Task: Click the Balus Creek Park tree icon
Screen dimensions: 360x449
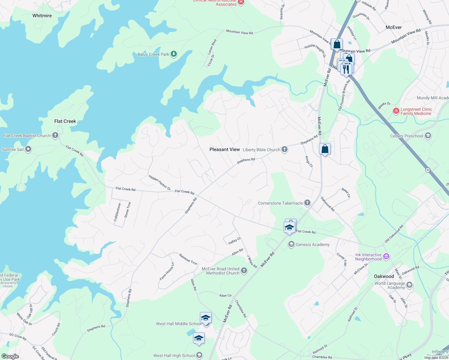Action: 174,54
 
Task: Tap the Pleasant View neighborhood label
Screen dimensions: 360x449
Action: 224,149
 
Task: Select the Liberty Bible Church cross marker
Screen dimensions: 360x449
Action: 285,149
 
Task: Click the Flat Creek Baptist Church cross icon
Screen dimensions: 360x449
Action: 55,135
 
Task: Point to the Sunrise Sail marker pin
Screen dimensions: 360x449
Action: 28,149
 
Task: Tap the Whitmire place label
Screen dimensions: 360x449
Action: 42,16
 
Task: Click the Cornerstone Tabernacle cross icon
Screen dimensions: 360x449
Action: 307,203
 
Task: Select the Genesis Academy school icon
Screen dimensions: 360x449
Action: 291,244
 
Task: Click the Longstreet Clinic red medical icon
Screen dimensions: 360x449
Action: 396,111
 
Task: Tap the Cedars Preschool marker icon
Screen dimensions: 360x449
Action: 428,136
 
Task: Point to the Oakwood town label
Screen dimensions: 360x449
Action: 384,276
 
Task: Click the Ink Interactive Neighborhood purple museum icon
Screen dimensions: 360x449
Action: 387,256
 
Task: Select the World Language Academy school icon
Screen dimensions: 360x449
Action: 409,285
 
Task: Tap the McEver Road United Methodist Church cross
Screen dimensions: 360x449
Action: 244,271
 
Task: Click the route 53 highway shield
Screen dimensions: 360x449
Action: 428,170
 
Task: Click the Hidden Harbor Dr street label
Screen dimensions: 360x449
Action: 160,182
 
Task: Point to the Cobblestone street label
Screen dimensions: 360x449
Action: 117,212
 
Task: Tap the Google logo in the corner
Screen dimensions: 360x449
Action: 10,356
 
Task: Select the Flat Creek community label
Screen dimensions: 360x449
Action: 65,121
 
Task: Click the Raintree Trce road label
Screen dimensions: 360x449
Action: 188,259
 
